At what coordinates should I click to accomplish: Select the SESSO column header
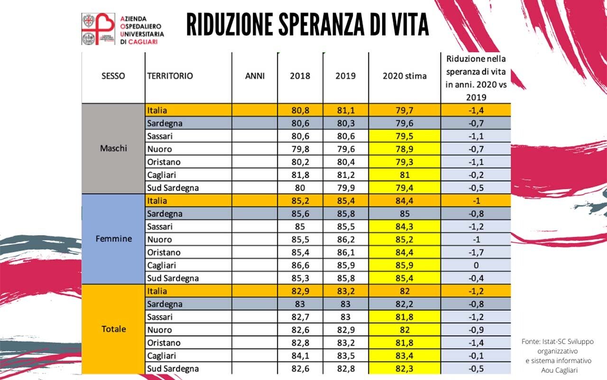click(x=113, y=76)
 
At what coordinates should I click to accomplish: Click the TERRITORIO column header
click(x=170, y=76)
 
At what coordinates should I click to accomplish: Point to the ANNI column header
click(x=255, y=76)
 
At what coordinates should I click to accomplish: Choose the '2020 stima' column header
click(x=405, y=76)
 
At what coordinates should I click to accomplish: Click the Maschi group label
click(x=113, y=148)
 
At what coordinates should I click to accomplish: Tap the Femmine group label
click(x=113, y=238)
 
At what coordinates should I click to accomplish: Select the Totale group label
click(x=113, y=329)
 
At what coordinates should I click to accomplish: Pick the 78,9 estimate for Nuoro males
click(x=405, y=149)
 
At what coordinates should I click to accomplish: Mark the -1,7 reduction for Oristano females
click(x=476, y=252)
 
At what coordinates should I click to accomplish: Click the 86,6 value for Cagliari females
click(x=300, y=265)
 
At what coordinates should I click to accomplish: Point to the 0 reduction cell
click(x=476, y=265)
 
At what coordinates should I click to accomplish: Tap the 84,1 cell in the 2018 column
click(x=300, y=355)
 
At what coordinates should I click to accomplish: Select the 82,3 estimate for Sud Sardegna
click(x=405, y=369)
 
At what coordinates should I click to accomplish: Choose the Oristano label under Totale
click(x=164, y=342)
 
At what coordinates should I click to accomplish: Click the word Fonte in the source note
click(x=530, y=342)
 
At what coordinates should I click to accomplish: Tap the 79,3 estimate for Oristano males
click(x=405, y=162)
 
